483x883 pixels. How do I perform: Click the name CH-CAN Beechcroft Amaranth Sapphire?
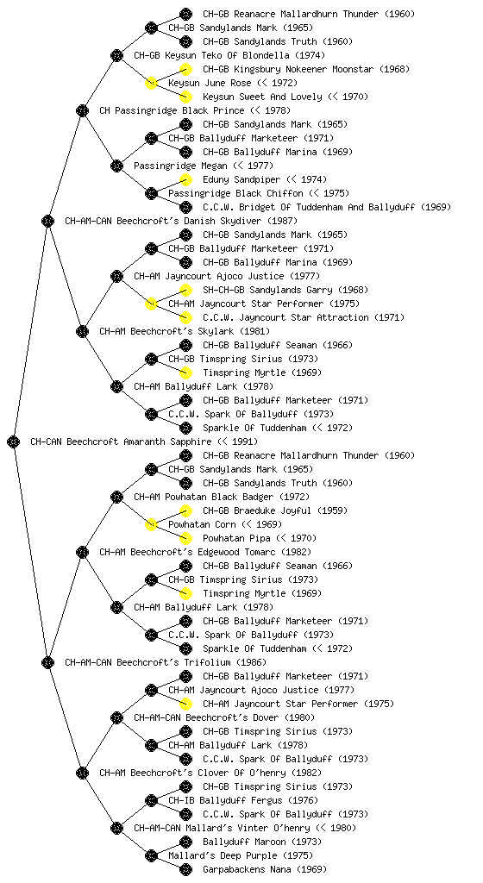[121, 442]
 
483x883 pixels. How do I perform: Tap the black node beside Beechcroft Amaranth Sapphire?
[14, 442]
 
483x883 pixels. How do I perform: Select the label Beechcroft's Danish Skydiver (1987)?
[181, 222]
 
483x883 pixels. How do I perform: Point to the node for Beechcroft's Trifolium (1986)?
[47, 663]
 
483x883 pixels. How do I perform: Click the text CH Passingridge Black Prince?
[172, 111]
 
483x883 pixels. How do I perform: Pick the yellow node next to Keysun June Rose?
[151, 84]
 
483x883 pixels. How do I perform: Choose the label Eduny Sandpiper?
[241, 179]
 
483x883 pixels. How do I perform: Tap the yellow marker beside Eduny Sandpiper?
[185, 179]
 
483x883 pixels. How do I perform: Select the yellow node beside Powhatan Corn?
[151, 525]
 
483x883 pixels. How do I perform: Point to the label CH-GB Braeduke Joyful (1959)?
[275, 510]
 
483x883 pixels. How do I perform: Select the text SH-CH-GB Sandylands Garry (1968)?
[285, 290]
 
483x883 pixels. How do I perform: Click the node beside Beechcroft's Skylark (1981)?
[82, 332]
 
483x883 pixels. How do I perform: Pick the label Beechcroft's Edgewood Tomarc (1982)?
[205, 553]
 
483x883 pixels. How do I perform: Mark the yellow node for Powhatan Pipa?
[185, 538]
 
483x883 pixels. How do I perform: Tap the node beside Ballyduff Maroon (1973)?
[185, 842]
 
